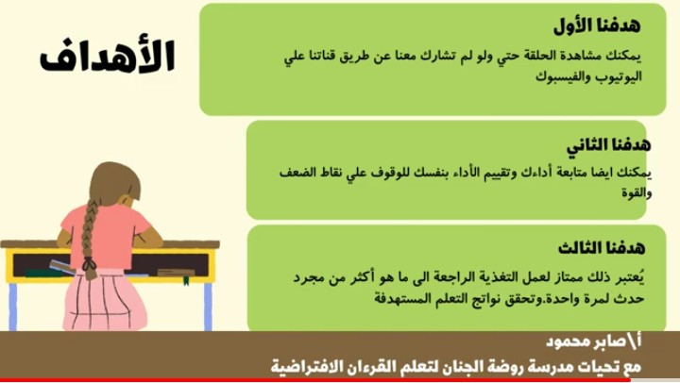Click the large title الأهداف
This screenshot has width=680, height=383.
pyautogui.click(x=108, y=57)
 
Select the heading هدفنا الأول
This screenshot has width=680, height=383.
pyautogui.click(x=597, y=25)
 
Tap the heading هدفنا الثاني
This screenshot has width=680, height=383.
pyautogui.click(x=608, y=145)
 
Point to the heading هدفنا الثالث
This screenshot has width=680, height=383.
pyautogui.click(x=602, y=248)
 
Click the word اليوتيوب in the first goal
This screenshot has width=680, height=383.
pyautogui.click(x=619, y=77)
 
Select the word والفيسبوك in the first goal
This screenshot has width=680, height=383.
pyautogui.click(x=563, y=77)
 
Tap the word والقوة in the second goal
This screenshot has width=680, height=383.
pyautogui.click(x=637, y=192)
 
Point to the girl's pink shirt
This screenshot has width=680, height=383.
pyautogui.click(x=107, y=235)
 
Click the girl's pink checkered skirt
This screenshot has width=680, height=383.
pyautogui.click(x=103, y=300)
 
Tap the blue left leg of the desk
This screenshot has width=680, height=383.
pyautogui.click(x=13, y=307)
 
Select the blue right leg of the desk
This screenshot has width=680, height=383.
pyautogui.click(x=208, y=307)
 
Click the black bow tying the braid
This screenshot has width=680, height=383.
pyautogui.click(x=90, y=263)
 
